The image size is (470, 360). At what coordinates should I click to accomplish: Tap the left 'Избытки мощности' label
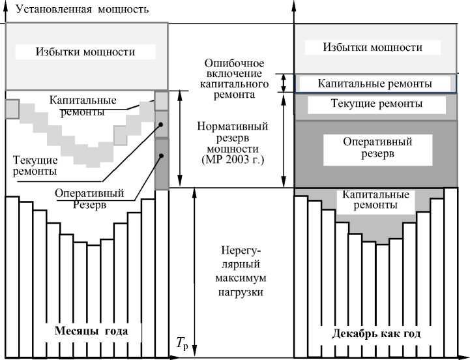click(x=85, y=52)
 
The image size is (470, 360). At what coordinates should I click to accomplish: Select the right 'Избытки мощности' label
click(x=372, y=48)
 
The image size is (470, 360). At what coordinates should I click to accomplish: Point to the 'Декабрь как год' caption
click(x=376, y=333)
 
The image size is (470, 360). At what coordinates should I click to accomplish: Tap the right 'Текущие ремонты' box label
click(x=376, y=104)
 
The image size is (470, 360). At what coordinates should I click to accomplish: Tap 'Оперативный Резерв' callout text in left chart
click(x=82, y=198)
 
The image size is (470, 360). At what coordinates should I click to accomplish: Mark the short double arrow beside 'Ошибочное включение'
click(x=284, y=83)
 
